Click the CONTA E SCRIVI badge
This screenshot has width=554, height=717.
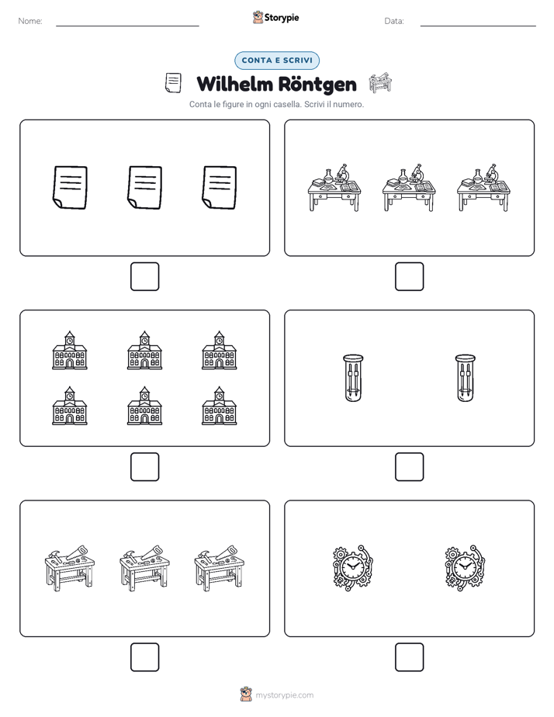276,61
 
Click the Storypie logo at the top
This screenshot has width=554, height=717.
275,17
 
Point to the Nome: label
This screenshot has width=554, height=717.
30,21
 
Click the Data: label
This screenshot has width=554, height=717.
394,21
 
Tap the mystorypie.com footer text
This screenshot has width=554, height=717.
284,695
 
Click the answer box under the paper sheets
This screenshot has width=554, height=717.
145,277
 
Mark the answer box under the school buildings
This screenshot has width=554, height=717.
145,467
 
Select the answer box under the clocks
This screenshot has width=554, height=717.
409,657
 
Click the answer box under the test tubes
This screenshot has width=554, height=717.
409,467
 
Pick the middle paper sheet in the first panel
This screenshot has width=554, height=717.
144,188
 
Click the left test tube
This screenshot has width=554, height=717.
353,378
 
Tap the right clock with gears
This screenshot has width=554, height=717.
465,567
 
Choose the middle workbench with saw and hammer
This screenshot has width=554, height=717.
144,568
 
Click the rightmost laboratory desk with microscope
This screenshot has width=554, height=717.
483,188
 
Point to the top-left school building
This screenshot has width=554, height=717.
70,350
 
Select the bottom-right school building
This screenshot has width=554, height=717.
220,406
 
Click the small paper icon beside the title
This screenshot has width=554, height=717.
173,83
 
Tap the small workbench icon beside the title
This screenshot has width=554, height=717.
380,83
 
